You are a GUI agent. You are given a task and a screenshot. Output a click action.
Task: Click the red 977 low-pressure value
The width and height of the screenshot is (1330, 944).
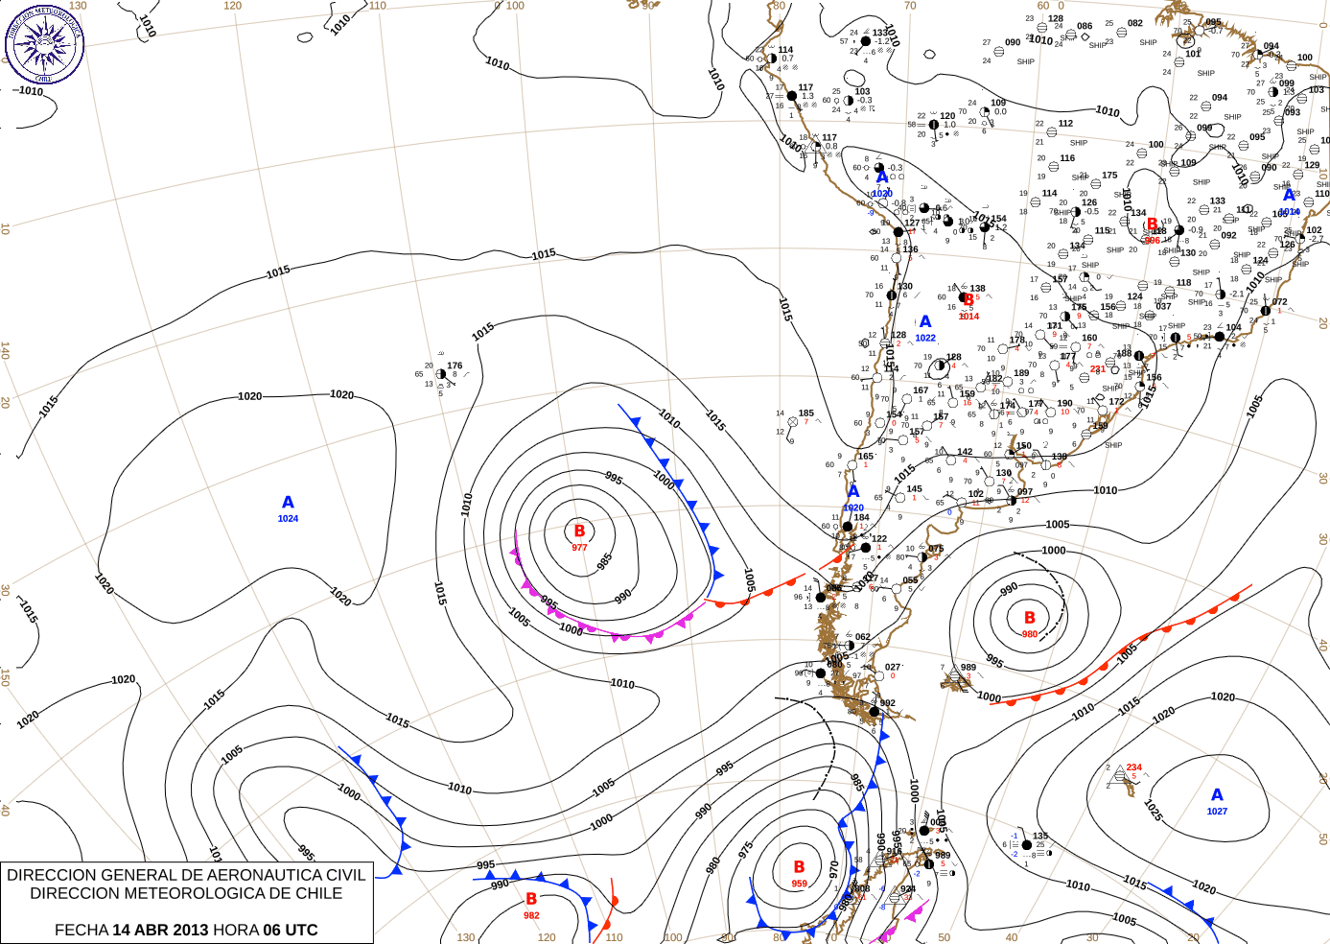[579, 548]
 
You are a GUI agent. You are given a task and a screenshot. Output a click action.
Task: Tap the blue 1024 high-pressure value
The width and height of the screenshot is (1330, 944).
[288, 519]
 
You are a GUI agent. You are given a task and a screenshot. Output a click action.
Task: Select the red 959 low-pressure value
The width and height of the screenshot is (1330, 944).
[799, 884]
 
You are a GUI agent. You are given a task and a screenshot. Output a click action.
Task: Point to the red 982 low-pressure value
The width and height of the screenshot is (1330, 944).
[531, 915]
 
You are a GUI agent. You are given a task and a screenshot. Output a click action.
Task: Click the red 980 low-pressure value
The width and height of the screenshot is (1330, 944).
[1029, 634]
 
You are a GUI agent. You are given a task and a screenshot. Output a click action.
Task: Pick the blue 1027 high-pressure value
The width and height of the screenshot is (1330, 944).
[1217, 812]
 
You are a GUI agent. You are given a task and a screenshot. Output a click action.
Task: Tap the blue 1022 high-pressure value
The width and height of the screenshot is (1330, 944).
[925, 338]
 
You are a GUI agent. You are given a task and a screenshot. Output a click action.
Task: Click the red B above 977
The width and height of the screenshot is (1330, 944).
[579, 531]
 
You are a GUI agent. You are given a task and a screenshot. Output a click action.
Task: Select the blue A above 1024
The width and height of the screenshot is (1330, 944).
[288, 503]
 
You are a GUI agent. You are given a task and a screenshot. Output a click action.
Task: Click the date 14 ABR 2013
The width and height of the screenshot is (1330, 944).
[160, 930]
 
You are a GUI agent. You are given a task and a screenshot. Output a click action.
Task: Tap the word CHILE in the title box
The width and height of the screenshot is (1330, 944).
[316, 893]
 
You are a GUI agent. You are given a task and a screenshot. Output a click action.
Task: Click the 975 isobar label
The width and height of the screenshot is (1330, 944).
[745, 851]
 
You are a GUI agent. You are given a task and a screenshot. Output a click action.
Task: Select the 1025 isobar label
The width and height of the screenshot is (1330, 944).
[1153, 811]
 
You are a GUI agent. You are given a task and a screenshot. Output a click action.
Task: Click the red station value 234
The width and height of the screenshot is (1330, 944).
[1134, 767]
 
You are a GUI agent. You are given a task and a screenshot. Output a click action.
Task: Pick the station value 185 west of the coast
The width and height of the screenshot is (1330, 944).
[806, 413]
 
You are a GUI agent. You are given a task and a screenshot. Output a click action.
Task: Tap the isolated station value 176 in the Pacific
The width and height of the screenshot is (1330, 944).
[455, 366]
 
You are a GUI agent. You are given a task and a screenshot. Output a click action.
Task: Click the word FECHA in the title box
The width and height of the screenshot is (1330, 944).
[81, 930]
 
